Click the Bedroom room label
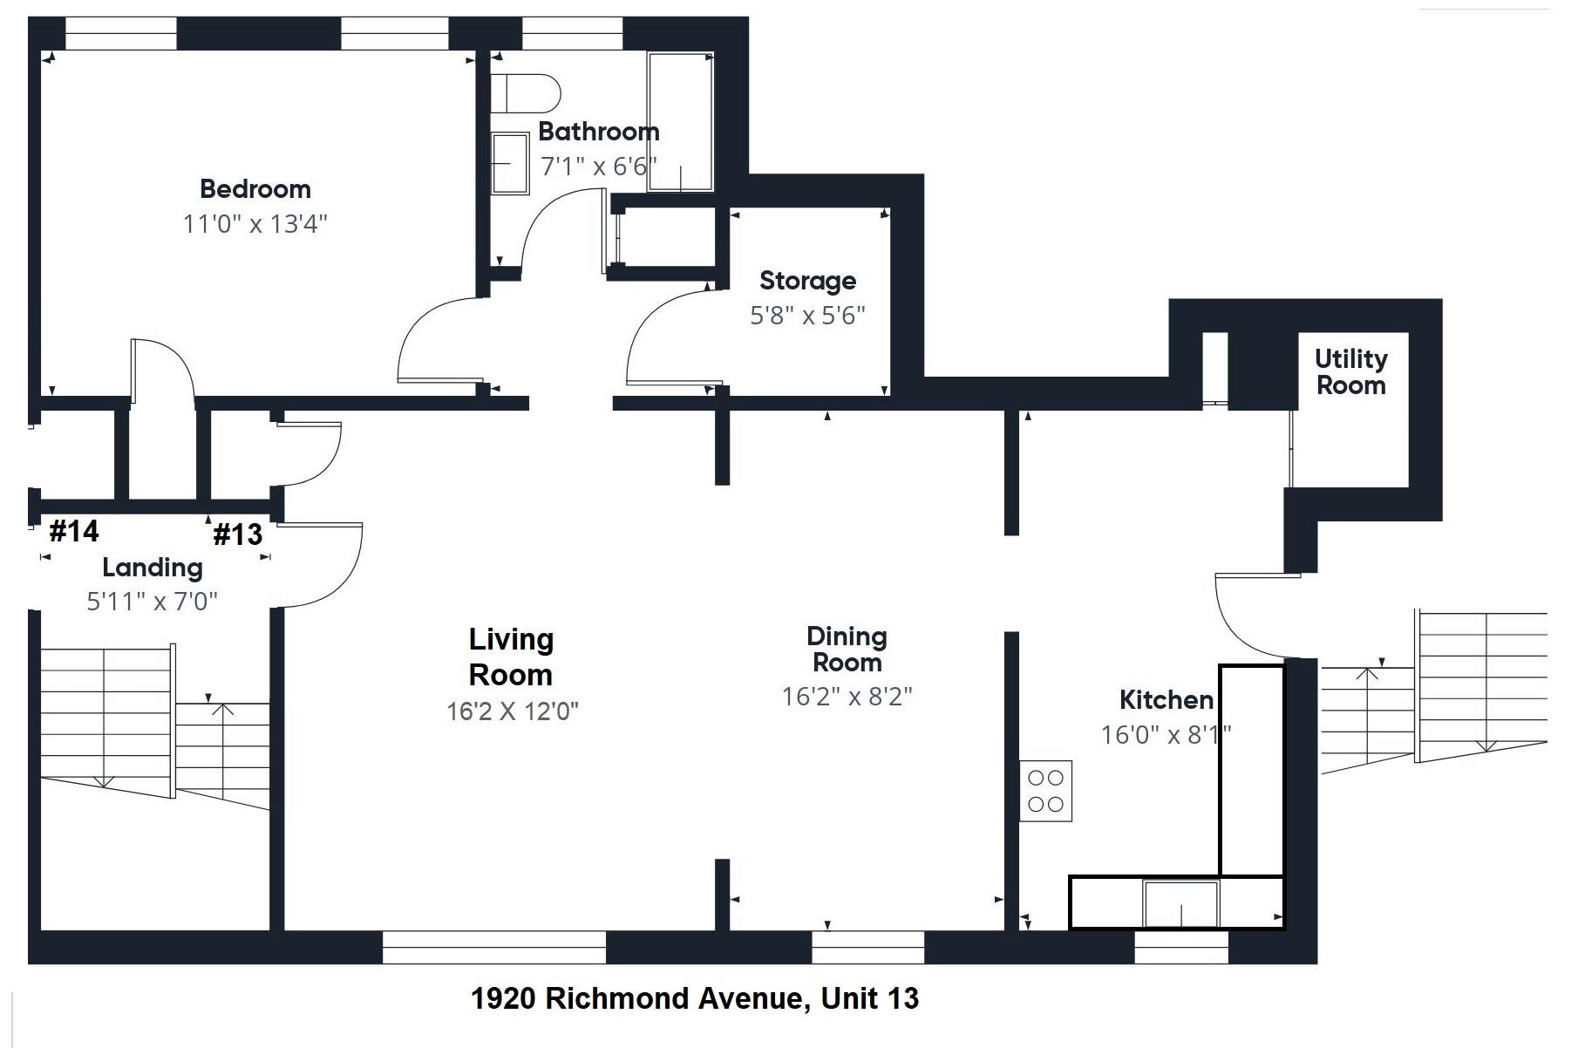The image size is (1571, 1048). point(255,189)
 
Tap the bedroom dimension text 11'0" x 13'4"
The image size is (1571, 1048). point(255,224)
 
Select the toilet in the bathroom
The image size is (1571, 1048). point(525,92)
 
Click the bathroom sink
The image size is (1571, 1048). point(509,163)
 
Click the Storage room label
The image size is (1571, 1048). point(807,281)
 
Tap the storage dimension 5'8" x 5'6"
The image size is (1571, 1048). point(807,316)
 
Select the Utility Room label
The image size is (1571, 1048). point(1350,372)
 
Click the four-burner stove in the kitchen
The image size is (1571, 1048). point(1045,791)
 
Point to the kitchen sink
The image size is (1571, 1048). point(1180,903)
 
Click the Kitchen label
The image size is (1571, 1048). point(1166,700)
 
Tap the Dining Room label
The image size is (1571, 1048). point(847,650)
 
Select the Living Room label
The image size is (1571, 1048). point(511,657)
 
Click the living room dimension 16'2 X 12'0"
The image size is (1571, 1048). point(512,711)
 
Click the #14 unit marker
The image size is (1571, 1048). point(74,531)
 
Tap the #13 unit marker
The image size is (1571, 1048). point(237,534)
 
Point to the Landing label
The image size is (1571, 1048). point(153,568)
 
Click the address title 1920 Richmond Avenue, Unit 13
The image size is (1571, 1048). point(694,998)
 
